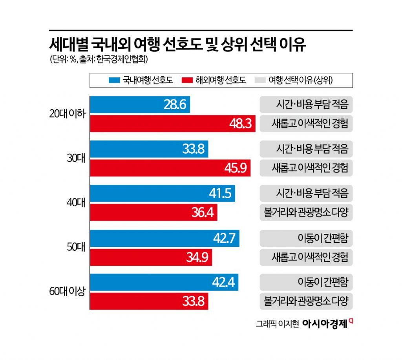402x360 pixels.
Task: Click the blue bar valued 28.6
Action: point(140,105)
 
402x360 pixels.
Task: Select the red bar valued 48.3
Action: point(173,123)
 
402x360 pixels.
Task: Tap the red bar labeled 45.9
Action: point(170,168)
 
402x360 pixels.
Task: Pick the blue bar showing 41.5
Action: point(163,194)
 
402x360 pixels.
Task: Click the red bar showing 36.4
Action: point(153,213)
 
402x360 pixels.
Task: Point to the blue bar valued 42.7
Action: point(164,239)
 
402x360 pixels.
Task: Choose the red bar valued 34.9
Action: point(151,257)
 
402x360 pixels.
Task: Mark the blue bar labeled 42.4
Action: point(164,283)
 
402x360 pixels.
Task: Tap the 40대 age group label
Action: point(76,203)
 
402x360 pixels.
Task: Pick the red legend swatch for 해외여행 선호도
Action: point(188,81)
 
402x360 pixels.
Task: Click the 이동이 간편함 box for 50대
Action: point(306,239)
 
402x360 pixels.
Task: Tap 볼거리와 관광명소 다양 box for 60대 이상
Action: point(306,302)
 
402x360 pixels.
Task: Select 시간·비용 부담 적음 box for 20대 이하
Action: point(306,105)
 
